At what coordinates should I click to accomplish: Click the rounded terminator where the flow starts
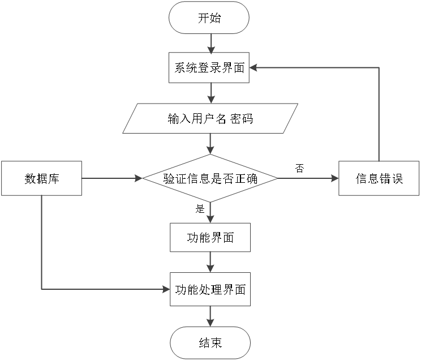(209, 18)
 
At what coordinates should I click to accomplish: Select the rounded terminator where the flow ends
(210, 342)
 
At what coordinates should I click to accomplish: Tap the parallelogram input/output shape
(211, 118)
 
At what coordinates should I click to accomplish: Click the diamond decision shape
(210, 178)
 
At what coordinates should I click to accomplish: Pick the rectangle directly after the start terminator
(209, 67)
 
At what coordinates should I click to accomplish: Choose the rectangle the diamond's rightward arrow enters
(379, 178)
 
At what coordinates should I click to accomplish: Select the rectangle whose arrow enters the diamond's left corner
(41, 178)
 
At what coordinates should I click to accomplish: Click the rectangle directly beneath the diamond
(210, 237)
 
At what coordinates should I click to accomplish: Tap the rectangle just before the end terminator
(210, 289)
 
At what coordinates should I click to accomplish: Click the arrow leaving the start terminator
(211, 44)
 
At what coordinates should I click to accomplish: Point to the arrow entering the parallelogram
(211, 93)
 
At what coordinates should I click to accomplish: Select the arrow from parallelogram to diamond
(211, 144)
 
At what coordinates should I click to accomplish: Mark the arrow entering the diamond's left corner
(112, 178)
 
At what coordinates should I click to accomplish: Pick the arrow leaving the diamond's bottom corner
(211, 212)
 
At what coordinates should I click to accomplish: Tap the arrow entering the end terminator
(211, 316)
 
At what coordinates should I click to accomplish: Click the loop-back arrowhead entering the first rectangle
(254, 67)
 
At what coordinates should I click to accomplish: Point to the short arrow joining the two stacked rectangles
(211, 262)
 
